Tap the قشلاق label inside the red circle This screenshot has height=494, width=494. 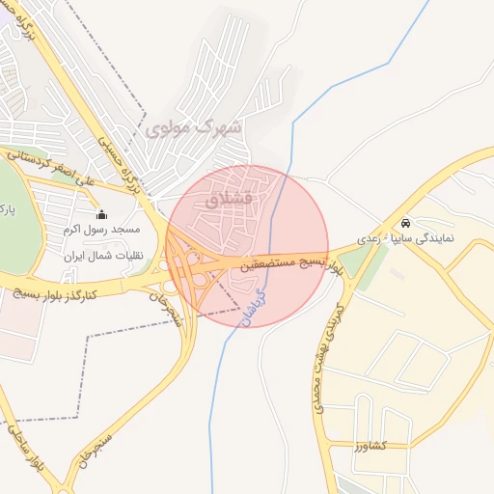(229, 199)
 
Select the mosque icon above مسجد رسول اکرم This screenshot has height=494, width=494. (102, 214)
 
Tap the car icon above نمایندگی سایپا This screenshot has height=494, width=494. (405, 221)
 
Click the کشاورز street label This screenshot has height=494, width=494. (370, 447)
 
